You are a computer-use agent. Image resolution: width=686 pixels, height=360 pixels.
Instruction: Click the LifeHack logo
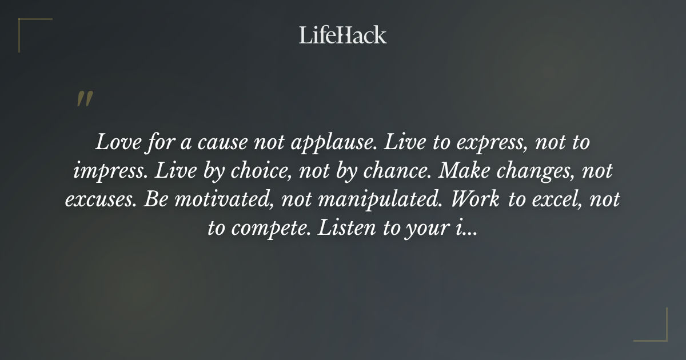tap(343, 35)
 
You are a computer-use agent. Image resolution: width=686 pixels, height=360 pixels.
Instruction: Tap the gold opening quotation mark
tap(84, 99)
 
